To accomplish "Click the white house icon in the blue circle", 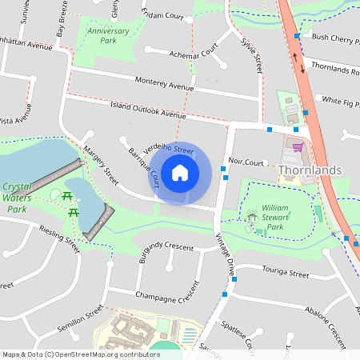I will (x=180, y=173).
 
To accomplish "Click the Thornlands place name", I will (x=310, y=170).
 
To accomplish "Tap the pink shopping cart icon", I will (x=298, y=146).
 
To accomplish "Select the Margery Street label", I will (x=101, y=165).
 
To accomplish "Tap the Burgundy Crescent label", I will (x=166, y=246).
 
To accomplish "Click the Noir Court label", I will (x=246, y=162).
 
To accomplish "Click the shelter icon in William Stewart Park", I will (x=253, y=215).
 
